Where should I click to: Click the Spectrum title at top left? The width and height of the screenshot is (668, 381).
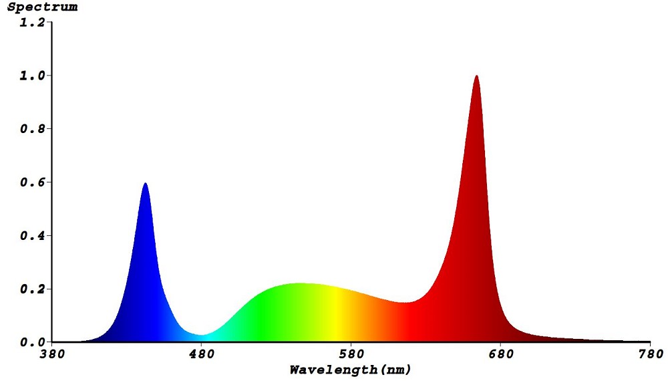42,7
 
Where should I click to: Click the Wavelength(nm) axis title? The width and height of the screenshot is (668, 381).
350,369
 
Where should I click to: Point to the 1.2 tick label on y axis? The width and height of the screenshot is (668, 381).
33,22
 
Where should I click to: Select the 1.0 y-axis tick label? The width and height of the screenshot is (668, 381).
33,76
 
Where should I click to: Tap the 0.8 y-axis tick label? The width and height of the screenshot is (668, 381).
33,129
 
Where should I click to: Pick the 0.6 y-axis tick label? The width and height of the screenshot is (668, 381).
33,182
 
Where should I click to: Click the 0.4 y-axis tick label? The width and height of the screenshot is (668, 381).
33,236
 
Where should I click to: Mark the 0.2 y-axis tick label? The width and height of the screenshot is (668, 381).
33,289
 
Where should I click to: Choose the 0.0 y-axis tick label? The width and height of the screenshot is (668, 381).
33,342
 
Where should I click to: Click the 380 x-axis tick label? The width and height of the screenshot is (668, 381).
52,354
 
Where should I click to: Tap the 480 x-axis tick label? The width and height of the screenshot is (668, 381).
202,354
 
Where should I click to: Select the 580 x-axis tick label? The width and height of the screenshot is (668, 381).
351,354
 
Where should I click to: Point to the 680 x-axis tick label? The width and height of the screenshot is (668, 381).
500,354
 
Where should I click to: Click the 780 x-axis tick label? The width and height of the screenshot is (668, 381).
650,354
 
